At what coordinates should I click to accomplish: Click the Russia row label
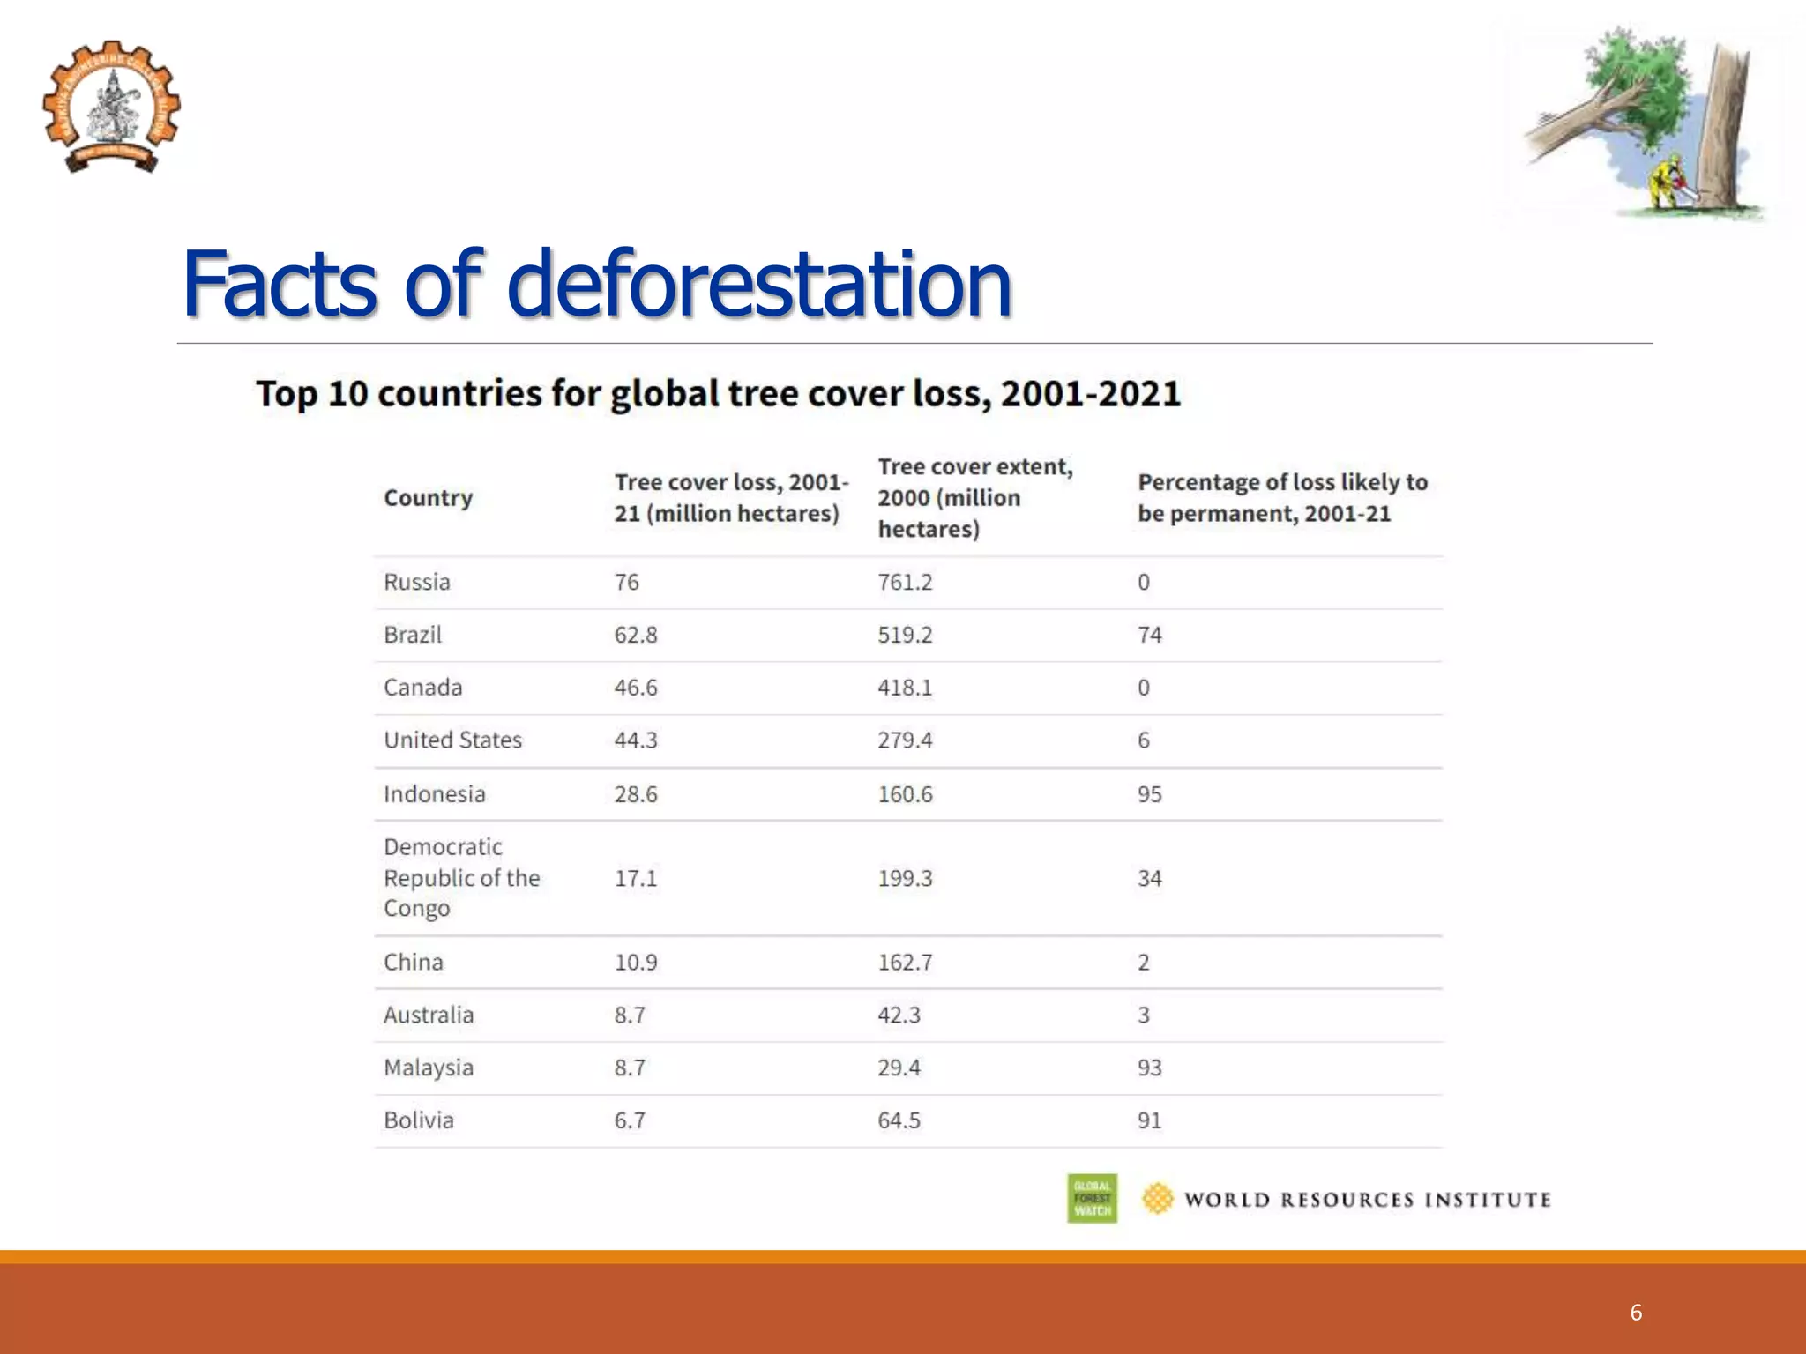[416, 582]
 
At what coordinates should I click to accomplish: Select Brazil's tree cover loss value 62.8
[636, 635]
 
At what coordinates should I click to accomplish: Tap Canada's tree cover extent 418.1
[904, 688]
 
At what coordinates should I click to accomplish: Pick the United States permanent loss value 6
[1143, 740]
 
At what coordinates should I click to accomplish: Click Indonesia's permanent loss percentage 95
[1149, 794]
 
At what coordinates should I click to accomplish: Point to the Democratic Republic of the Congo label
[461, 877]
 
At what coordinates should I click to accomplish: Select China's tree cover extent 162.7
[904, 962]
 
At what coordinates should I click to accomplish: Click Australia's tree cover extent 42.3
[899, 1015]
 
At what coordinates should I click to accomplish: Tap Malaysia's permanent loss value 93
[1149, 1068]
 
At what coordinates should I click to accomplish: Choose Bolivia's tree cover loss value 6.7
[630, 1120]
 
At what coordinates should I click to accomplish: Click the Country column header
[428, 498]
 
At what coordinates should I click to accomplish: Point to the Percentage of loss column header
[1281, 498]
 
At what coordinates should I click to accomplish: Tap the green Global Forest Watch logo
[1092, 1198]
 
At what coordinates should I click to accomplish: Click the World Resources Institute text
[1367, 1200]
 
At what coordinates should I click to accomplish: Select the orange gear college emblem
[111, 107]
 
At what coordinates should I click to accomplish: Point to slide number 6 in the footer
[1636, 1313]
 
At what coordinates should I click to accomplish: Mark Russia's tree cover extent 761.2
[904, 582]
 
